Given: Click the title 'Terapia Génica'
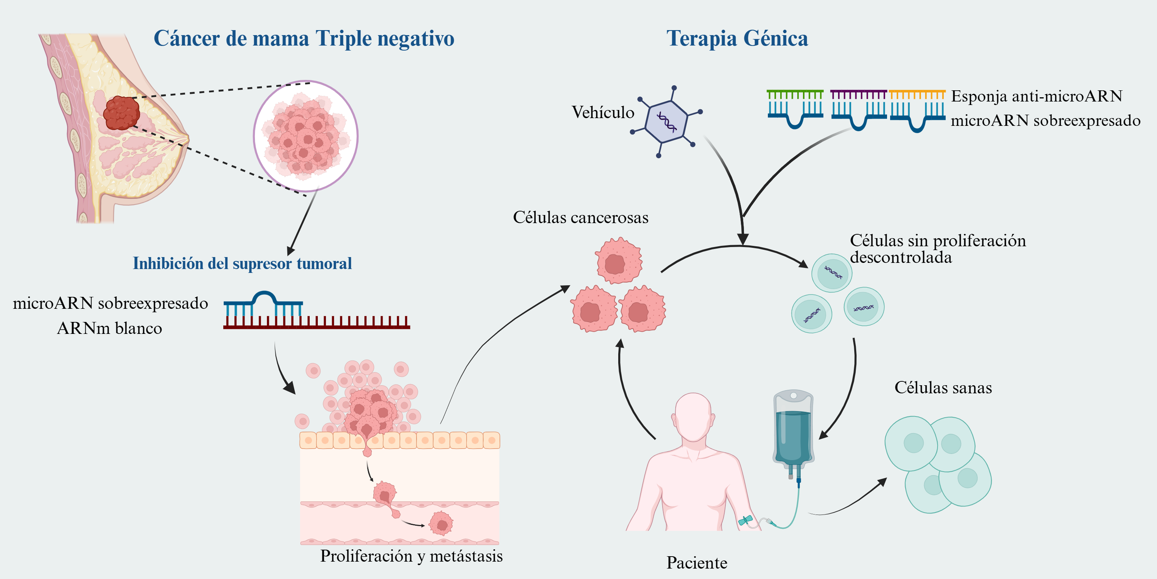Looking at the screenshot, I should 737,39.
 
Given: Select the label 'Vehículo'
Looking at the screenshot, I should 603,112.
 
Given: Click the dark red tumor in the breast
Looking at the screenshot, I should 121,113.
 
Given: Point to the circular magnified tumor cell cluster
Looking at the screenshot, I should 305,136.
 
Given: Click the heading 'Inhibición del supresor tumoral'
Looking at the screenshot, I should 242,263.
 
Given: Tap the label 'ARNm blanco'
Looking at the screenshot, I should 110,328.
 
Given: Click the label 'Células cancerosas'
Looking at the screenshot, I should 580,218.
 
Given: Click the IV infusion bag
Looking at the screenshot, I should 793,432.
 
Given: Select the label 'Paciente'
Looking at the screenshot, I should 697,563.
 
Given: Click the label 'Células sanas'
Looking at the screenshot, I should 943,388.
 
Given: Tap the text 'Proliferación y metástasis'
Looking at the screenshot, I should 411,556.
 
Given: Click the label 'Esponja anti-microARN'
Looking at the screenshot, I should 1037,96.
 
